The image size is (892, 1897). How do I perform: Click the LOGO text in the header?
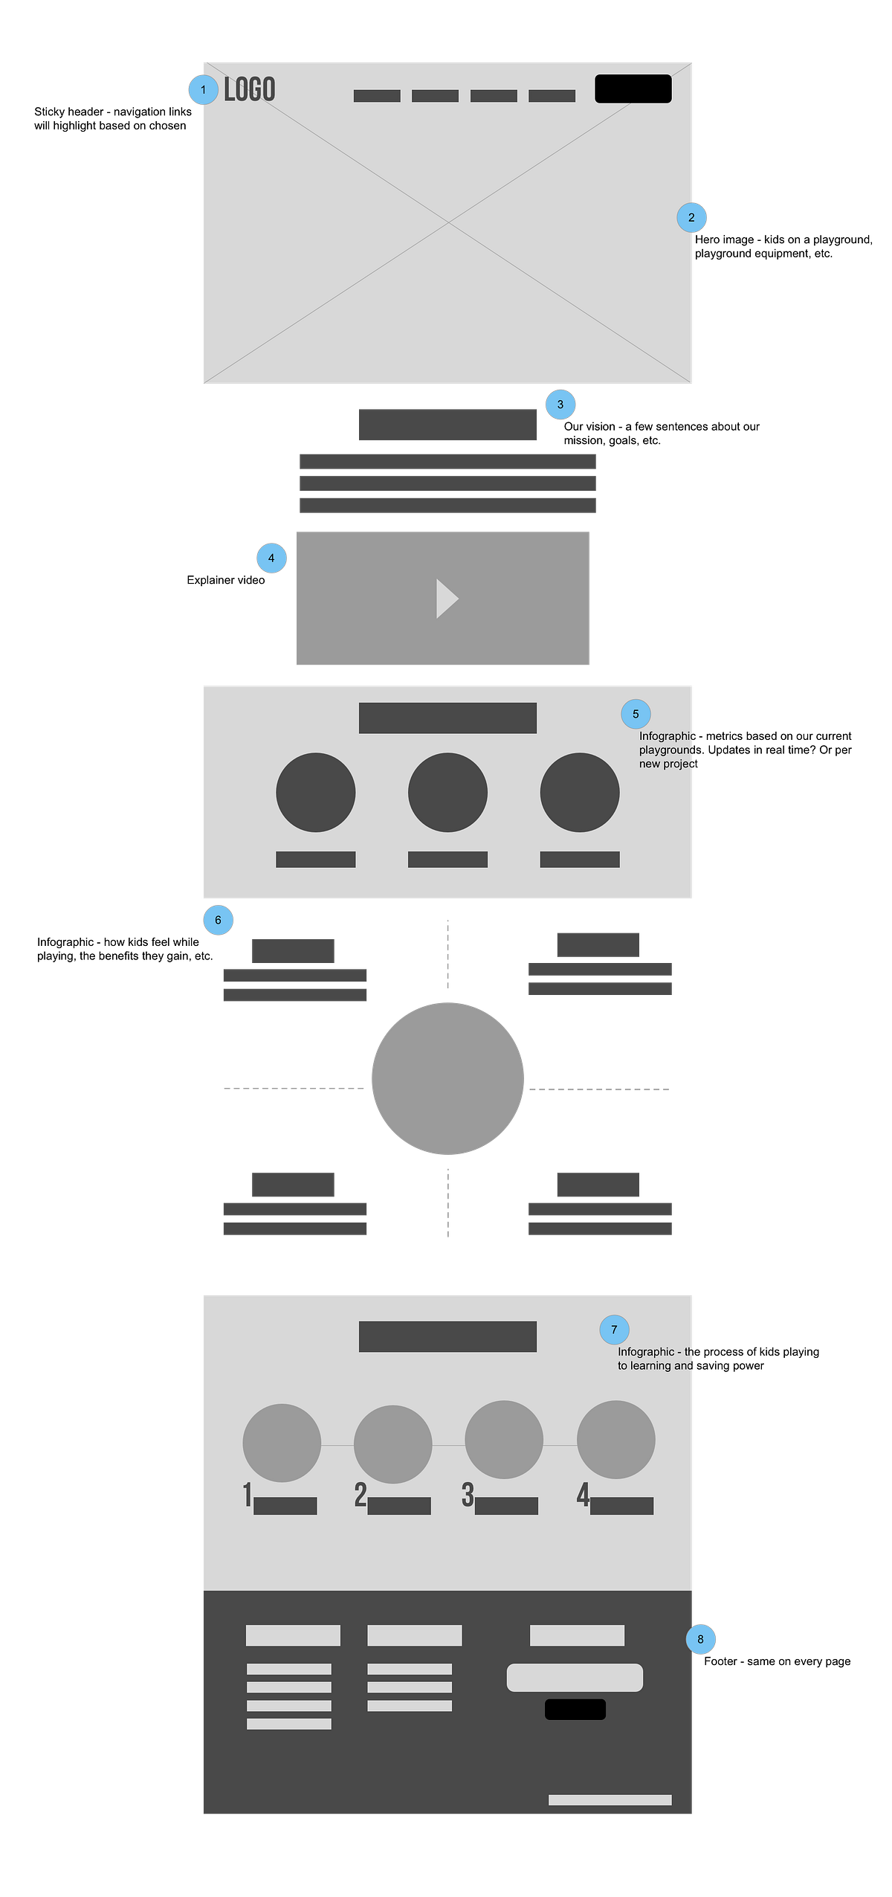[x=250, y=90]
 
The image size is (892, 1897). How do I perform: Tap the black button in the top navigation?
[x=633, y=88]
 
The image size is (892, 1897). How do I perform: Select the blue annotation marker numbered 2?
[x=692, y=218]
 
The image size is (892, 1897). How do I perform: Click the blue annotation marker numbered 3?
[x=560, y=405]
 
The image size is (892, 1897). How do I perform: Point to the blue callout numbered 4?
[x=271, y=558]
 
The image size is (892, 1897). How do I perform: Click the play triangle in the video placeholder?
[x=447, y=599]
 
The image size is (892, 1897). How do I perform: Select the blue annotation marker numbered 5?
[x=636, y=714]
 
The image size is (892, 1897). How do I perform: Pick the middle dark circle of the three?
[x=447, y=792]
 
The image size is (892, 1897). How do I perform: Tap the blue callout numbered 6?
[x=218, y=921]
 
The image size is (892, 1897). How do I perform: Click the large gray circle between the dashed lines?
[x=447, y=1078]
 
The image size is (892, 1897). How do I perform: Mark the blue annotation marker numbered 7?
[x=614, y=1330]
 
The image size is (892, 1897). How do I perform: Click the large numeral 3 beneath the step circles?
[x=468, y=1495]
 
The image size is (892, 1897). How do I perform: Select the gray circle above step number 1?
[x=282, y=1443]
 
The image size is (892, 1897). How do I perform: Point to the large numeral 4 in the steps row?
[x=583, y=1495]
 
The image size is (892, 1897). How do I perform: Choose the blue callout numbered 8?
[x=700, y=1639]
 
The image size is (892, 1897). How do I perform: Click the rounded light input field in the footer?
[x=575, y=1678]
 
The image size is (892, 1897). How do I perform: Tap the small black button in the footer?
[x=575, y=1709]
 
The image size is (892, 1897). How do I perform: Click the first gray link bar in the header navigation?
[x=377, y=96]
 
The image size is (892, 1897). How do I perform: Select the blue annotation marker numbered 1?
[x=203, y=90]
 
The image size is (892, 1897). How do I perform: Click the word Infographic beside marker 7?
[x=646, y=1352]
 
